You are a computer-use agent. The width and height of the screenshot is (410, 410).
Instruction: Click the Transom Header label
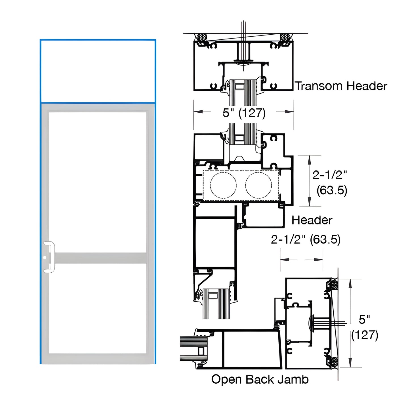click(341, 86)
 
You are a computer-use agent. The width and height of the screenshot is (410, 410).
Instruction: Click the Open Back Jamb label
click(260, 379)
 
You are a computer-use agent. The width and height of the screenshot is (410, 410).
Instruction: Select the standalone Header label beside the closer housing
click(312, 220)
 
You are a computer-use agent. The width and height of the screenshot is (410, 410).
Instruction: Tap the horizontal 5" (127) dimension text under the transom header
click(244, 113)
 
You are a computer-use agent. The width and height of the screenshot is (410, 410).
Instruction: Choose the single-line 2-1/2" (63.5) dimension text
click(305, 239)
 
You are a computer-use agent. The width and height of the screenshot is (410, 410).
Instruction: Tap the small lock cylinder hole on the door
click(45, 258)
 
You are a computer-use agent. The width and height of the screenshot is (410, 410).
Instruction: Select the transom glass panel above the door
click(98, 71)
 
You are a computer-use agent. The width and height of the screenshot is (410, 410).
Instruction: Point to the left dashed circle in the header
click(223, 185)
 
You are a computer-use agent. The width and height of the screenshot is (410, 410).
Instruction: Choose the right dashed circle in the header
click(258, 185)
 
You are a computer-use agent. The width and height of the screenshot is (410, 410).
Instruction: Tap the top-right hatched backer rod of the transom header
click(284, 37)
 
